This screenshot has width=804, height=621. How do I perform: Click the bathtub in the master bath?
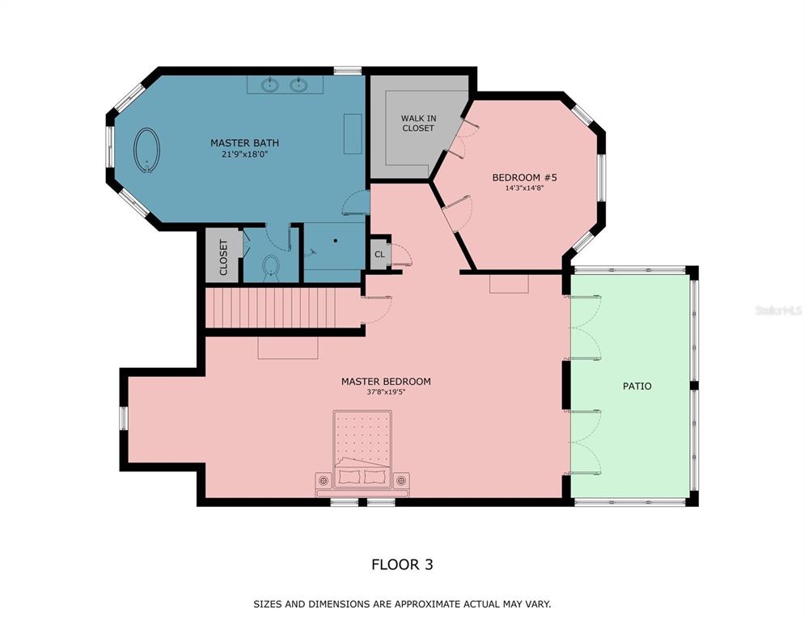tap(146, 150)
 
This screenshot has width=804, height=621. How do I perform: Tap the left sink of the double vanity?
tap(269, 85)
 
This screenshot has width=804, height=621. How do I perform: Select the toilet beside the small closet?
tap(271, 268)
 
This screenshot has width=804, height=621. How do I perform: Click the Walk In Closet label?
tap(418, 123)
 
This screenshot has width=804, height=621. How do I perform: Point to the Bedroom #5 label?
tap(524, 177)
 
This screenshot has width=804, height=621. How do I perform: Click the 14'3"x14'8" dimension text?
tap(524, 188)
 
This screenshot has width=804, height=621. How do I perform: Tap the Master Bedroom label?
tap(386, 382)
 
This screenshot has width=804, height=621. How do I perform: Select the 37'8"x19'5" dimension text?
tap(386, 393)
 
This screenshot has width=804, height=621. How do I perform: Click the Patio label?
tap(637, 387)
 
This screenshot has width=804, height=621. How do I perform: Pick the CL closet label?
tap(379, 255)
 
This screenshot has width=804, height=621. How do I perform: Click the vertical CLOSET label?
tap(223, 257)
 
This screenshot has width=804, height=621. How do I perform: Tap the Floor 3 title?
tap(402, 564)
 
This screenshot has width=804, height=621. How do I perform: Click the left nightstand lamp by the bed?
tap(323, 480)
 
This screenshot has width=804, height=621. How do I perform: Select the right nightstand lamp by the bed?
tap(401, 480)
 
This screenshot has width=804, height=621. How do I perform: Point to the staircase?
tap(271, 308)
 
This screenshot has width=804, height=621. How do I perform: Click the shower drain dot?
tap(336, 240)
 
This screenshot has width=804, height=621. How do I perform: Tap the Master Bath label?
tap(244, 143)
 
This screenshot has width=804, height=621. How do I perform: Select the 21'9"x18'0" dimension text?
tap(244, 154)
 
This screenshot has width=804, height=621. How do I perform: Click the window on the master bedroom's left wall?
tap(124, 417)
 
